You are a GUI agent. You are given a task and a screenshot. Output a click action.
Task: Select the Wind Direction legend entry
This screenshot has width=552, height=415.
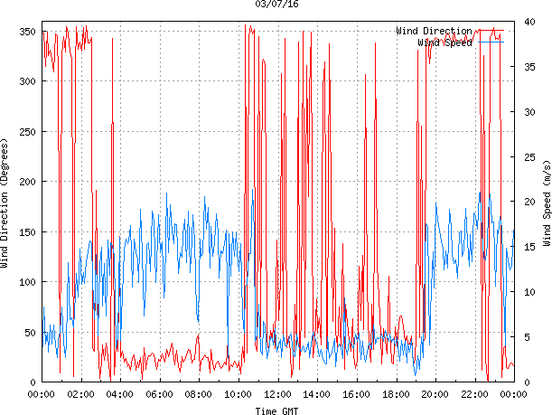pos(434,32)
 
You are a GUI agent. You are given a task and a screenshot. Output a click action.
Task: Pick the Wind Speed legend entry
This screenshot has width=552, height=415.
pos(444,42)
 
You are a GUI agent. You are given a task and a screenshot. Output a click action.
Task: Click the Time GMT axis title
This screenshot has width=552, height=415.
pos(276,410)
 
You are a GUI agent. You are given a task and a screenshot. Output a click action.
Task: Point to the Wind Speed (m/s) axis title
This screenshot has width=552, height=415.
pos(546,206)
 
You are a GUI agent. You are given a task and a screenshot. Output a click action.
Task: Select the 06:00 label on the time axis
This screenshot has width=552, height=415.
pos(159,394)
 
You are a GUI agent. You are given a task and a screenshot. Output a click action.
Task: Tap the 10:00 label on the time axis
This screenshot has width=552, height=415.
pos(238,394)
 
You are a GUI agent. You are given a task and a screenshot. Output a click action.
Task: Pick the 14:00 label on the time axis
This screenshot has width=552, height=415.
pos(317,394)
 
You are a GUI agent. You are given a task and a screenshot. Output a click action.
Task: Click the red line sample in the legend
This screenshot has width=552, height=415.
pos(489,32)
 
